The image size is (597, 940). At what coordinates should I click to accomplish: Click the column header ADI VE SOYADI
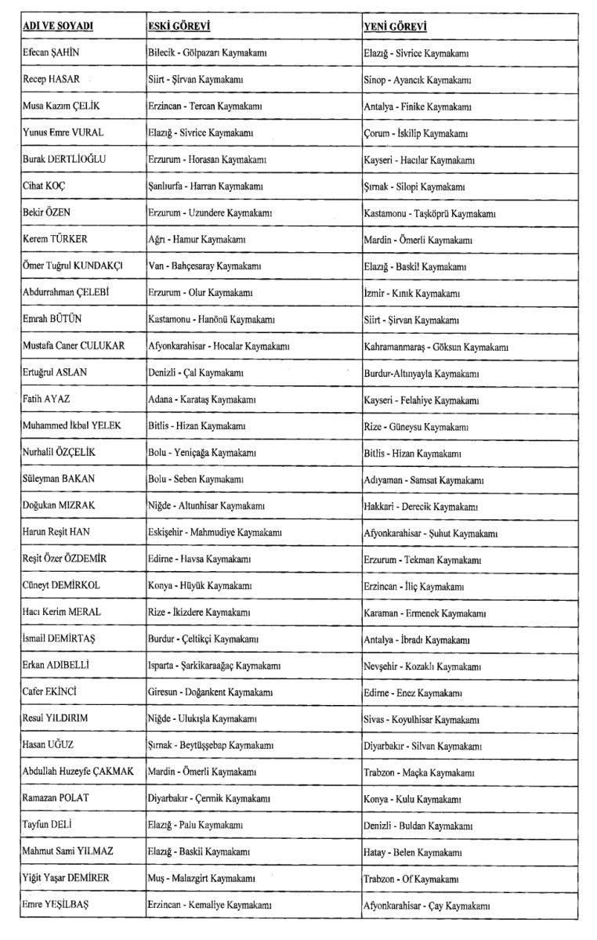(58, 27)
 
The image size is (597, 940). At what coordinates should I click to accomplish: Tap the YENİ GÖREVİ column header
(395, 27)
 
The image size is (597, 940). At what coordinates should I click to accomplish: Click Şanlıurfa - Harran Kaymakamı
(205, 186)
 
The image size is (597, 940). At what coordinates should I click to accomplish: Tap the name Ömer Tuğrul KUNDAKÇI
(73, 266)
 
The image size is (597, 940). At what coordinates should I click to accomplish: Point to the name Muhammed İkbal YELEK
(75, 426)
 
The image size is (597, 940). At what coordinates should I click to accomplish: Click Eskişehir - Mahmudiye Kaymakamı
(215, 533)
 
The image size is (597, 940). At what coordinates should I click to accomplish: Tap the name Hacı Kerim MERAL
(62, 613)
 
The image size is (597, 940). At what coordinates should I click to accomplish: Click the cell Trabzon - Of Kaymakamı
(408, 879)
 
